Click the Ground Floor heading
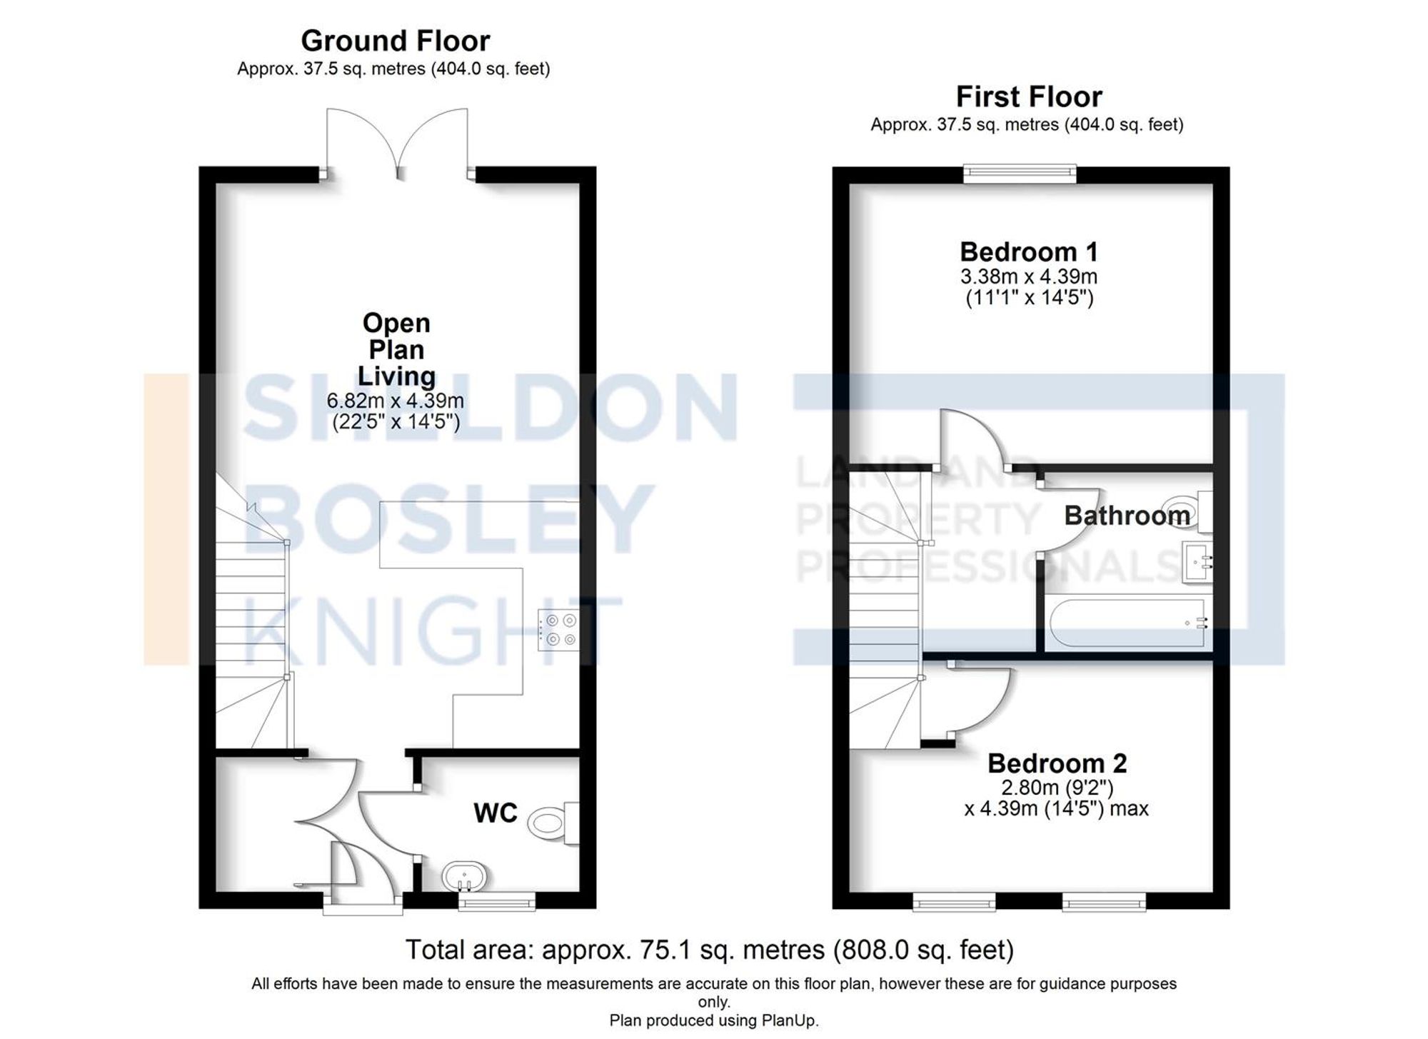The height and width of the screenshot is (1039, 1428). click(x=395, y=41)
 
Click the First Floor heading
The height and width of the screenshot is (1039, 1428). click(x=1028, y=96)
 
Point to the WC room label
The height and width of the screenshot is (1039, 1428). click(x=495, y=813)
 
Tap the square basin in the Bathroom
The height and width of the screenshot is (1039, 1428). click(x=1197, y=562)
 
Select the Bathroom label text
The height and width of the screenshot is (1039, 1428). click(x=1126, y=516)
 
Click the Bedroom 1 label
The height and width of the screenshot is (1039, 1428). click(x=1028, y=252)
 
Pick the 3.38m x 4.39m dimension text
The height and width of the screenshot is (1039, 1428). click(x=1028, y=276)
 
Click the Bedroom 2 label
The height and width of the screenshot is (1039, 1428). click(x=1056, y=763)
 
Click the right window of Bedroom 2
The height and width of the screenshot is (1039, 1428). click(x=1104, y=903)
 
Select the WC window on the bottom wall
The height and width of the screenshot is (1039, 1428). click(x=496, y=903)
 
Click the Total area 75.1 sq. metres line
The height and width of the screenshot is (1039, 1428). click(x=709, y=950)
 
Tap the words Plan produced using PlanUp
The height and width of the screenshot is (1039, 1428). click(x=713, y=1020)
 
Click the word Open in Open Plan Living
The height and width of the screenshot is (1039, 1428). click(x=396, y=323)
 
